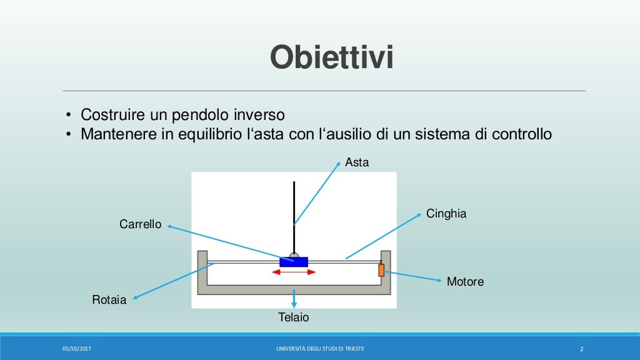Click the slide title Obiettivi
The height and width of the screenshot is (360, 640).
(x=332, y=58)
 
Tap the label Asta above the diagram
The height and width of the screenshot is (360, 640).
(x=357, y=162)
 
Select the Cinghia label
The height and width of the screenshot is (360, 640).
(x=446, y=214)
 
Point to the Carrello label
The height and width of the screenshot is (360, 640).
(x=140, y=224)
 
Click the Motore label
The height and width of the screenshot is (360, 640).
(x=465, y=282)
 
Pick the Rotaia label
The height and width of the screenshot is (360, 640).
(x=109, y=300)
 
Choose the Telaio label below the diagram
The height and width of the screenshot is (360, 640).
(x=293, y=317)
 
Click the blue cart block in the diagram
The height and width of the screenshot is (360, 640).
(x=293, y=262)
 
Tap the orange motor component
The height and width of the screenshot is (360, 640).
(x=381, y=270)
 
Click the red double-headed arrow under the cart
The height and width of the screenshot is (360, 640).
(x=294, y=272)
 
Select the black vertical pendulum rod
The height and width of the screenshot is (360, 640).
(x=294, y=212)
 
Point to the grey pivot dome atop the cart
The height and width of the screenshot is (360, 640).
(x=294, y=254)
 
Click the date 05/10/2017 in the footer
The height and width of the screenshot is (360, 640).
(x=76, y=348)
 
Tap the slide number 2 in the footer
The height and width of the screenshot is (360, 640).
(x=581, y=349)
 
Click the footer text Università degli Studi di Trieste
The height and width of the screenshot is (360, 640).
(x=320, y=348)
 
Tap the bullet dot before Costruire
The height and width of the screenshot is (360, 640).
(x=69, y=116)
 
